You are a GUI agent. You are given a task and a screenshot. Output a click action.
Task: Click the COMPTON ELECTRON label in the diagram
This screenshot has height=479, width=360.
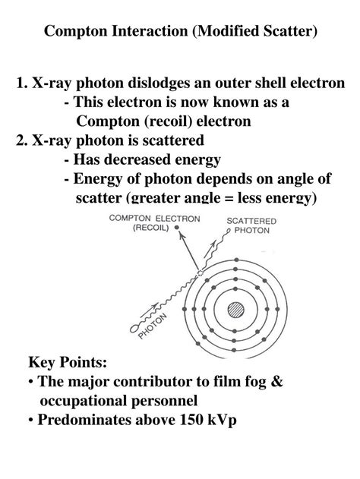pos(155,218)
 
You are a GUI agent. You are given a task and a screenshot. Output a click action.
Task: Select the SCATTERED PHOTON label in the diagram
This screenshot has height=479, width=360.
pos(251,226)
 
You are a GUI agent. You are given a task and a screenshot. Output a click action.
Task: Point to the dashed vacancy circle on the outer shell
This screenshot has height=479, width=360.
pos(200,272)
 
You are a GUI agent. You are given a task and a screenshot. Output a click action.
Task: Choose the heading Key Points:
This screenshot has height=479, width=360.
pos(68,362)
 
